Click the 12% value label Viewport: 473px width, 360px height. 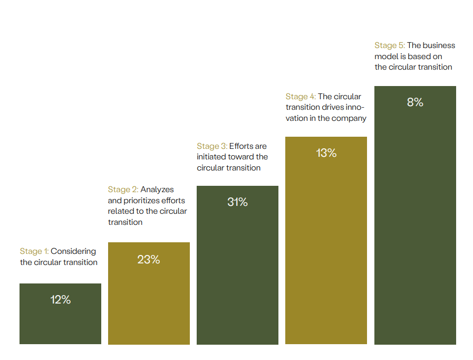tap(61, 300)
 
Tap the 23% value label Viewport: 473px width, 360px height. tap(149, 260)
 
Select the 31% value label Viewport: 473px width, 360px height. tap(237, 202)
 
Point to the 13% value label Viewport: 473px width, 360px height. tap(326, 153)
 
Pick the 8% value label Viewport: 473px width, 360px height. tap(415, 102)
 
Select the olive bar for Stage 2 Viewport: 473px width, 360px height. tap(149, 306)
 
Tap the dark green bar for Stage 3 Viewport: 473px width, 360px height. tap(237, 274)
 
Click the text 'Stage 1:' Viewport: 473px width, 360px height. tap(34, 251)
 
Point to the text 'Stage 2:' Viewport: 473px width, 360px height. tap(123, 190)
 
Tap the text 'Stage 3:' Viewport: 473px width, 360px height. tap(211, 146)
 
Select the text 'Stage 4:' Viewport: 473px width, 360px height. tap(301, 97)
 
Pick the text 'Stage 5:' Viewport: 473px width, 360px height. tap(390, 45)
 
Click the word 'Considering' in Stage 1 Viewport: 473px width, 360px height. tap(73, 251)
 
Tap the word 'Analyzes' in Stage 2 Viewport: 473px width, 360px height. tap(157, 190)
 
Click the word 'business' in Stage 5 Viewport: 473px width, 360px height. tap(439, 45)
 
